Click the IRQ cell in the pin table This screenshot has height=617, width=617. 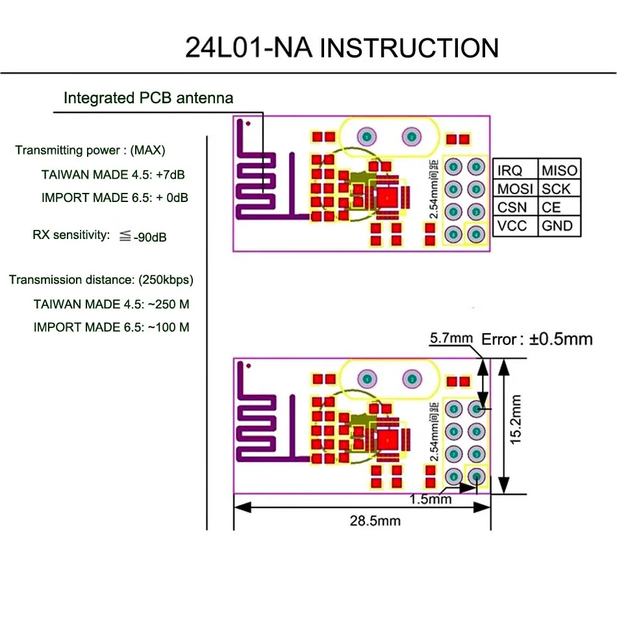pos(510,170)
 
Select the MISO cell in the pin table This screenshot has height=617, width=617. pos(559,170)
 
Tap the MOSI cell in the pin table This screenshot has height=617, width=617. pos(515,189)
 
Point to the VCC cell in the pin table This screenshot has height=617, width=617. pos(512,227)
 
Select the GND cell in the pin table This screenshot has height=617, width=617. pos(557,227)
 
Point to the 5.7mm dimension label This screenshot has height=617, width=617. pos(451,338)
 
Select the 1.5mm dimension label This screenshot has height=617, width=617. pos(431,499)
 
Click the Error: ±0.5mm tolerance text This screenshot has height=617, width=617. pos(536,338)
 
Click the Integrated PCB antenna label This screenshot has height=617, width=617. pos(148,99)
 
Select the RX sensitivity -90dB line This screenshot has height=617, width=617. pos(99,236)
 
